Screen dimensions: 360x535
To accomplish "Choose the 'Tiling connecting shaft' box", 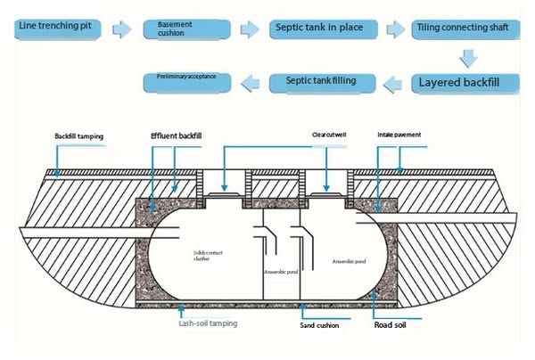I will [463, 29].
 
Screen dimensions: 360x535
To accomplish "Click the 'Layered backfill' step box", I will [462, 85].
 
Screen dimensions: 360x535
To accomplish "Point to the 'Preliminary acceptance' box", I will [187, 81].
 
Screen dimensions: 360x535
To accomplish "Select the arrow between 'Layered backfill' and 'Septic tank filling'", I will [393, 85].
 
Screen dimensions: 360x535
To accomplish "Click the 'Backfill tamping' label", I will [79, 136].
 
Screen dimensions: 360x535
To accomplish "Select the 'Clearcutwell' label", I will [329, 135].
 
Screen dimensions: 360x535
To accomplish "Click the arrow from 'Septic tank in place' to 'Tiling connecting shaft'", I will [393, 29].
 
